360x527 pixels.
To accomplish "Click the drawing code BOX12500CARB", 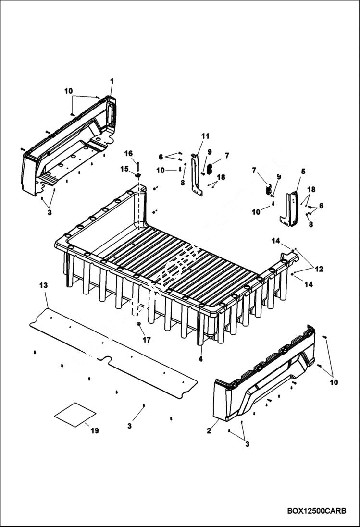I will pos(316,511).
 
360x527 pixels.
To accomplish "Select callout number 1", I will pos(112,81).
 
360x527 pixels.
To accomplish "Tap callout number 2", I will pos(209,430).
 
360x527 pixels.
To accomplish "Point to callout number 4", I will pos(200,358).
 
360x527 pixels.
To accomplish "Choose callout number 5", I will pos(303,171).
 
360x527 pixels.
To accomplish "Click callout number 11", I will pos(205,136).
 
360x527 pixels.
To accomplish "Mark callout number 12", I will pos(319,269).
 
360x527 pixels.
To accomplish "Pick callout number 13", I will pos(43,285).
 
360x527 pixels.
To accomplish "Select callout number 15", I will pos(124,169).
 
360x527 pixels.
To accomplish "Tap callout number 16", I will pos(129,153).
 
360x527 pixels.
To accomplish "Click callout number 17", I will pos(147,339).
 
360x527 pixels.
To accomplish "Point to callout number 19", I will pos(95,430).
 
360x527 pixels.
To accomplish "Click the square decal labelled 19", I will pos(75,414).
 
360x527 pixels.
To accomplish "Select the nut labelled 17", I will pos(138,324).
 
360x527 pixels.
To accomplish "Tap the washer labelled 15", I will pos(138,176).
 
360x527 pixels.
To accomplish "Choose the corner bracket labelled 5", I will pos(291,209).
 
